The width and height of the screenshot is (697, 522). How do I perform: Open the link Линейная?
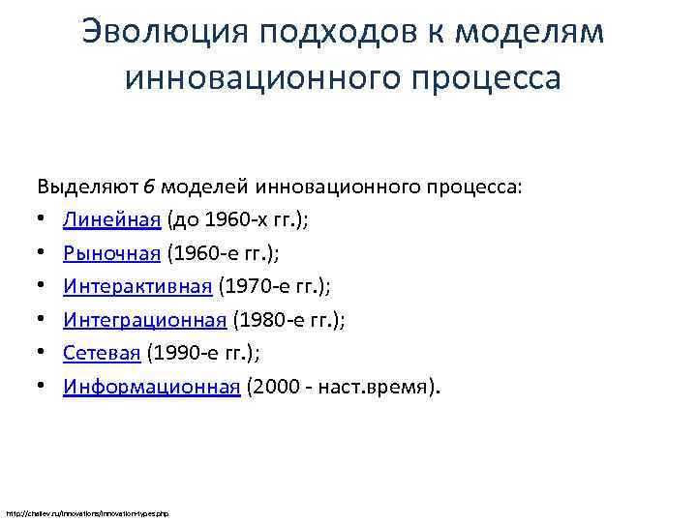[111, 220]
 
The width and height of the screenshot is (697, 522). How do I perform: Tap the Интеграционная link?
[145, 321]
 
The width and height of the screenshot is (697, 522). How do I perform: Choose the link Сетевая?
[102, 354]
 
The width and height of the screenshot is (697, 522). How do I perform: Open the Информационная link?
[151, 388]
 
